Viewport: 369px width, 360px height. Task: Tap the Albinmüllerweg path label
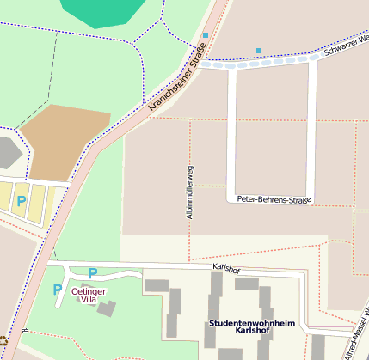[190, 192]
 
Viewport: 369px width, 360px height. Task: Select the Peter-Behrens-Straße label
[275, 199]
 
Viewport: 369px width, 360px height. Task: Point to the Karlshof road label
[225, 270]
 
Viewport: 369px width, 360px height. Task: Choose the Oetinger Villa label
[89, 296]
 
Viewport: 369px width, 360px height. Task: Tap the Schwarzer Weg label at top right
[346, 46]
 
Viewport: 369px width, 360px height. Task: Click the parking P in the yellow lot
[22, 200]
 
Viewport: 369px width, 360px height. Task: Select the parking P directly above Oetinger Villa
[93, 273]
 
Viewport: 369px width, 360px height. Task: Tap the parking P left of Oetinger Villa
[57, 290]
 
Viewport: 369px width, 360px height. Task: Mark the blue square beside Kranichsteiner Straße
[206, 35]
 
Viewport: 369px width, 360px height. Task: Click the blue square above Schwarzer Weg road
[259, 51]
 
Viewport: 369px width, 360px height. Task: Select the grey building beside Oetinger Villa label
[107, 308]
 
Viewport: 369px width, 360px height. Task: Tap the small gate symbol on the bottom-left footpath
[26, 329]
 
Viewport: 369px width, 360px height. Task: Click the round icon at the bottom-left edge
[3, 340]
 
